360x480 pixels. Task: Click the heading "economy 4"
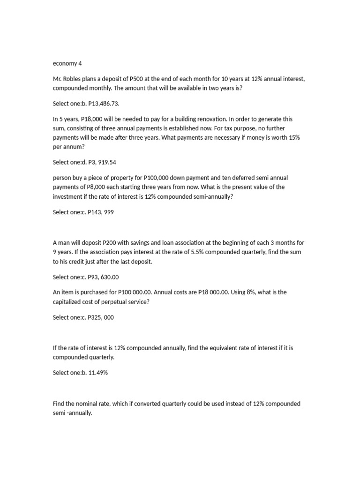(67, 63)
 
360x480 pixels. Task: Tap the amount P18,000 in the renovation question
(95, 119)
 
